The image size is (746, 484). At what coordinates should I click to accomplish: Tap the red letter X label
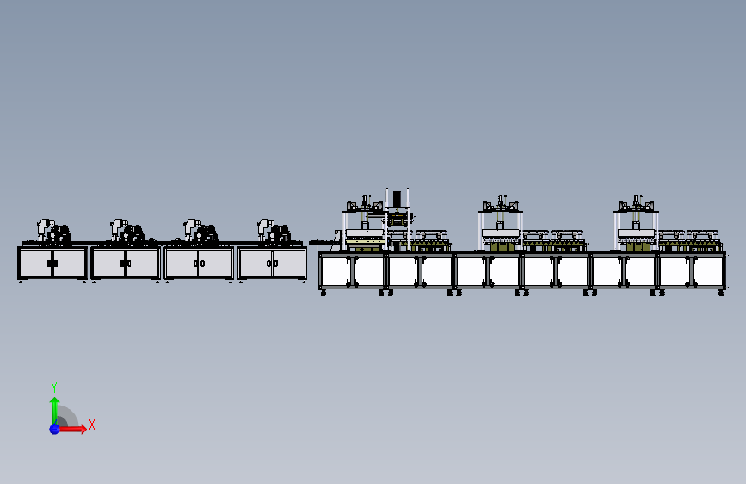(91, 425)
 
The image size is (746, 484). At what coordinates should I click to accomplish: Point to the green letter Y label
(54, 387)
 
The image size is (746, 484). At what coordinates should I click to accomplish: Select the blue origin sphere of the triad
(54, 428)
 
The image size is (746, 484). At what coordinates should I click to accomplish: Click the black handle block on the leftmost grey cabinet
(52, 264)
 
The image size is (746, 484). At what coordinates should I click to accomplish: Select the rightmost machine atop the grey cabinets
(274, 231)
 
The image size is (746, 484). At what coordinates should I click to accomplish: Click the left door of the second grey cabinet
(108, 264)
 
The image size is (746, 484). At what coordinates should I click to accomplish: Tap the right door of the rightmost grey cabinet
(290, 264)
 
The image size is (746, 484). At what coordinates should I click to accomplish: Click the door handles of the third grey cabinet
(199, 264)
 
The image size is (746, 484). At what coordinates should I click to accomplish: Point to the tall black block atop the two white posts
(397, 199)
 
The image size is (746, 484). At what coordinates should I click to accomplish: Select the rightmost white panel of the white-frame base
(709, 271)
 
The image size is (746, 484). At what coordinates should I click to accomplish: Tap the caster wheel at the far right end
(721, 294)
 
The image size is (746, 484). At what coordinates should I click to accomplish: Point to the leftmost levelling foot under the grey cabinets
(21, 282)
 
